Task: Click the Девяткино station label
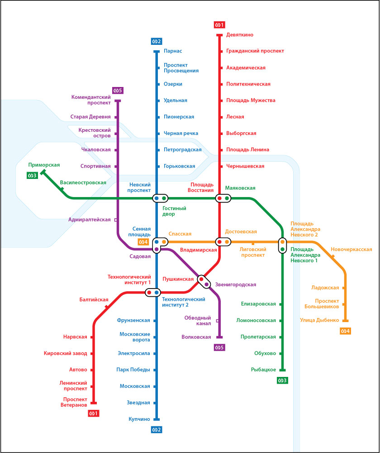[240, 35]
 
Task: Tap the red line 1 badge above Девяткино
[219, 24]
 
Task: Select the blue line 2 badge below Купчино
[157, 429]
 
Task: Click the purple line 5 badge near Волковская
[219, 347]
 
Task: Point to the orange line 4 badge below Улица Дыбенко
[346, 331]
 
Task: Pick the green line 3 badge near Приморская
[32, 176]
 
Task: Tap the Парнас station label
[173, 51]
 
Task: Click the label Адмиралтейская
[90, 220]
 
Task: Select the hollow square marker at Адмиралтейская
[116, 220]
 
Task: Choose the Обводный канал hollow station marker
[218, 321]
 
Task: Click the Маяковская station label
[240, 188]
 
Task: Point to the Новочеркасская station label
[351, 249]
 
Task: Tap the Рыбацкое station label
[263, 370]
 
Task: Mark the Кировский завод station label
[68, 353]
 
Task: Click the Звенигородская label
[236, 284]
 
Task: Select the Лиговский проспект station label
[253, 252]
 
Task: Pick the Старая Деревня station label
[90, 117]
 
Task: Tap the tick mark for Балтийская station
[107, 307]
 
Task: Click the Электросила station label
[134, 353]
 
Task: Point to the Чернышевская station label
[245, 166]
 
